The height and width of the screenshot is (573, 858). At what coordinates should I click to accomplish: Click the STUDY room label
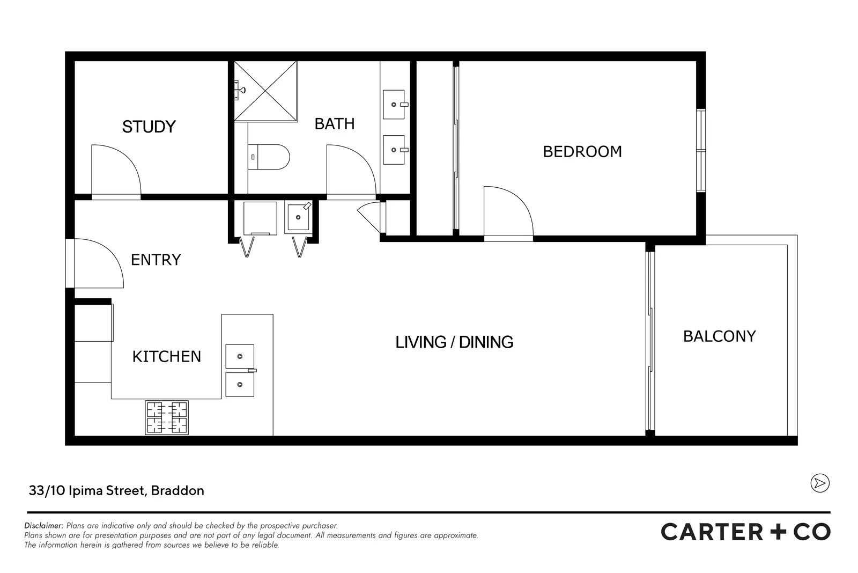(x=149, y=127)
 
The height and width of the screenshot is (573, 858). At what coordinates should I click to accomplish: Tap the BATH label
(x=334, y=124)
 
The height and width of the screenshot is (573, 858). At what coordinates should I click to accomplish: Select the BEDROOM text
(x=582, y=152)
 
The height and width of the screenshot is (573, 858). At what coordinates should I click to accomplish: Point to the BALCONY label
(x=719, y=336)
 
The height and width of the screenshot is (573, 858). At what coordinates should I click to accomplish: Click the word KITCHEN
(x=166, y=357)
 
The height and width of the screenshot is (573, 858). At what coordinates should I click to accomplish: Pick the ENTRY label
(x=156, y=260)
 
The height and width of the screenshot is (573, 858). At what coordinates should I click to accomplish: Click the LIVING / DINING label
(x=454, y=342)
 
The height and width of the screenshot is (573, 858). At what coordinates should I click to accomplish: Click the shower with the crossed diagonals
(x=265, y=91)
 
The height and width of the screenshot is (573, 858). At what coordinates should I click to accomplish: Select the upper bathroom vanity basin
(x=394, y=104)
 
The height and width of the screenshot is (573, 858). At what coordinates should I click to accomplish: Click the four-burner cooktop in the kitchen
(x=167, y=417)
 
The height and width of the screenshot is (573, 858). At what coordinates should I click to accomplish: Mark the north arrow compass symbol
(x=819, y=483)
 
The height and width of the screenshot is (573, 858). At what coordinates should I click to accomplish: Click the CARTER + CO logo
(x=745, y=532)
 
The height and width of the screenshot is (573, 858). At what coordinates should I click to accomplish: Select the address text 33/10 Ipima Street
(x=116, y=490)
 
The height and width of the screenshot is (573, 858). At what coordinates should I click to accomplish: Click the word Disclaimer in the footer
(x=43, y=526)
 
